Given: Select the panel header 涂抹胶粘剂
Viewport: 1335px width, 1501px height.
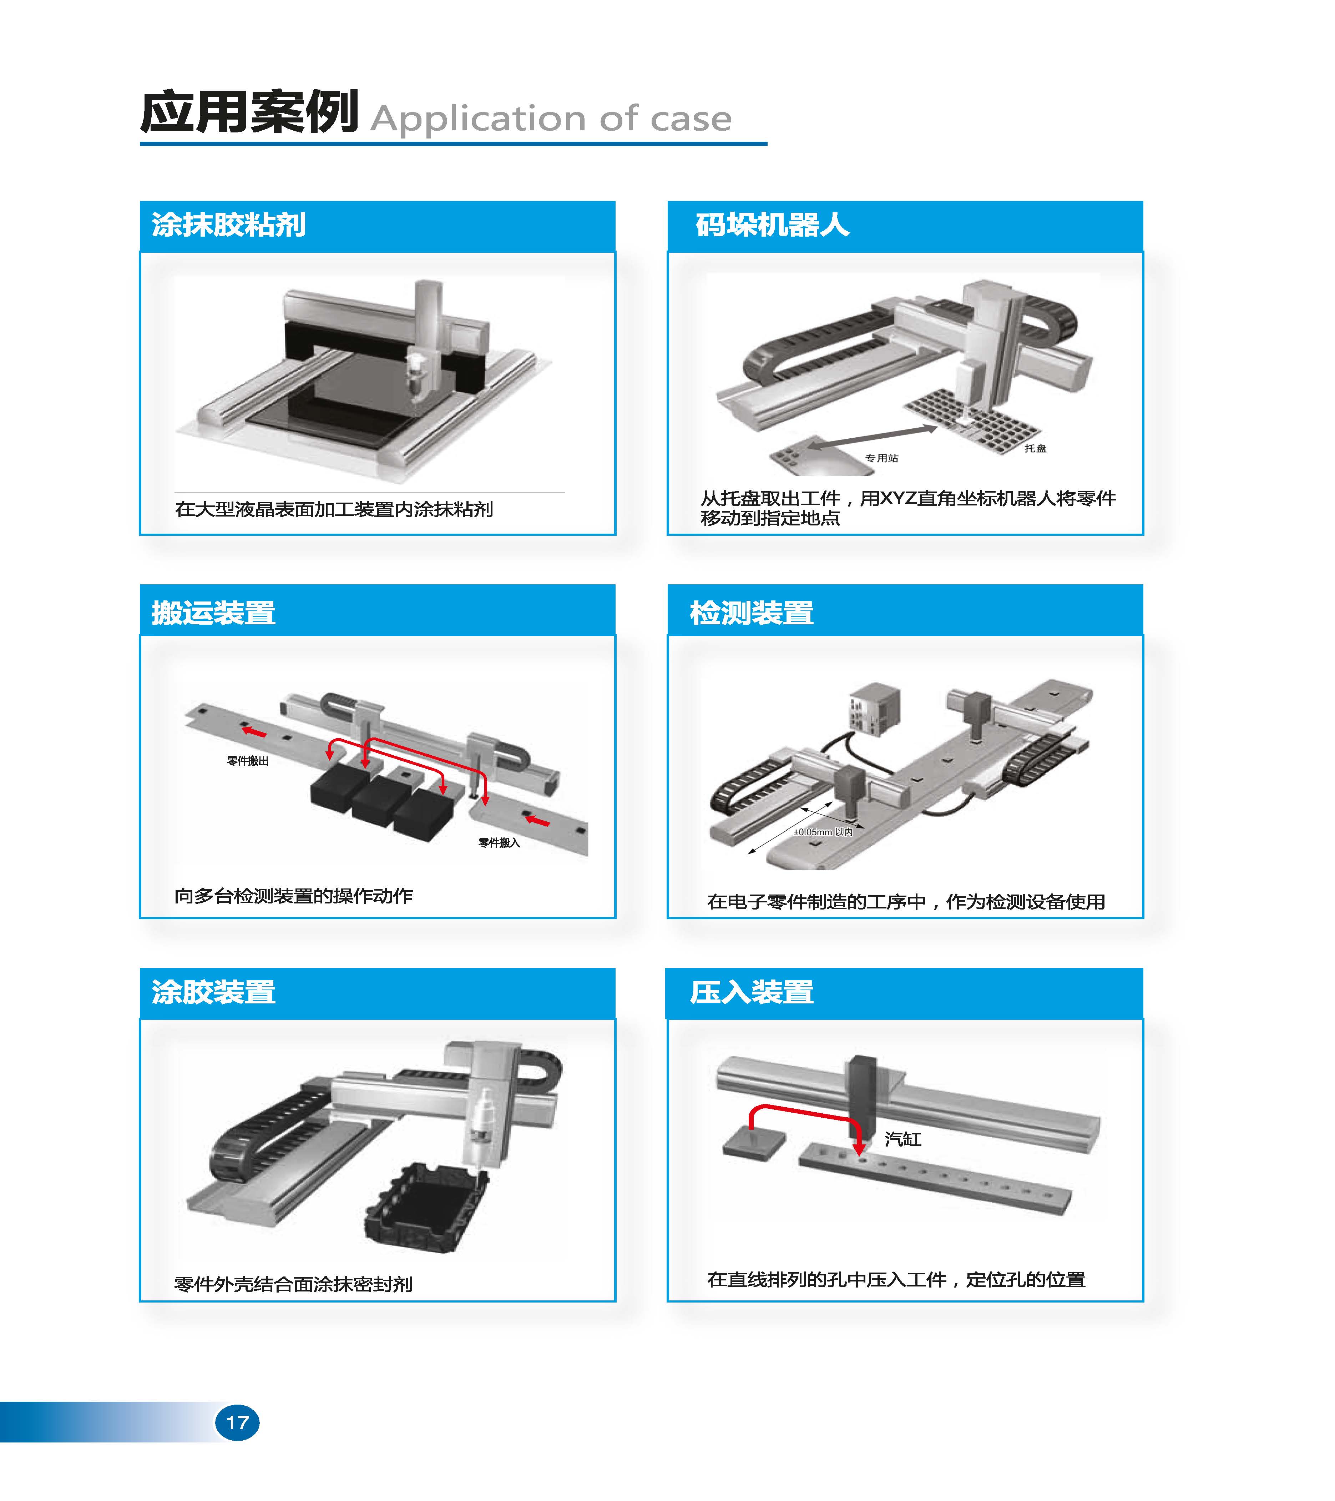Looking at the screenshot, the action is [x=228, y=225].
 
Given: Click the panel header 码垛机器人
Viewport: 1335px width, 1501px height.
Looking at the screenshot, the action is [x=773, y=225].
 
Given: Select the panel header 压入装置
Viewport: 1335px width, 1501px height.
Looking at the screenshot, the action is [x=752, y=992].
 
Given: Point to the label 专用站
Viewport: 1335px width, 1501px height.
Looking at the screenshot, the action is [x=881, y=458].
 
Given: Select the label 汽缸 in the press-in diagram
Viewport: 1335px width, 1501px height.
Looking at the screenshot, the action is [x=902, y=1139].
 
